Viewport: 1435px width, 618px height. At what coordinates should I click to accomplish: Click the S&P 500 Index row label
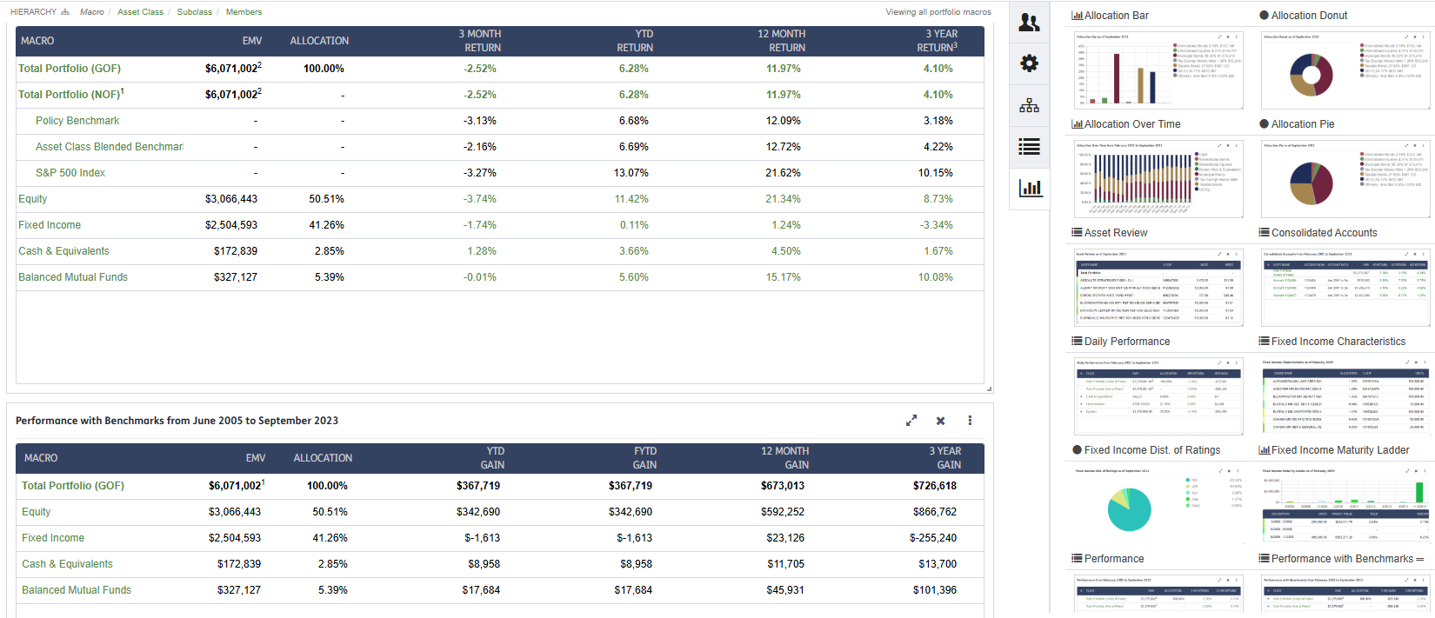click(70, 173)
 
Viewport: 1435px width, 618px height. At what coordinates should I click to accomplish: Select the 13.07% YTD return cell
click(633, 173)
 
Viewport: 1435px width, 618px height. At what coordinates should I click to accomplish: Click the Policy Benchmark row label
click(77, 121)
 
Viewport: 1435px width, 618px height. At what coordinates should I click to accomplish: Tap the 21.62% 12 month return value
click(783, 173)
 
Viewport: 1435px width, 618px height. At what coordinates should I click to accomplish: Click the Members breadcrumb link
click(244, 12)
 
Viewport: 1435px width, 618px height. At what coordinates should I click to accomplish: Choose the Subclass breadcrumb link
click(194, 12)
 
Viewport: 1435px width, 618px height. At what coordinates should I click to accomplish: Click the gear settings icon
click(1029, 63)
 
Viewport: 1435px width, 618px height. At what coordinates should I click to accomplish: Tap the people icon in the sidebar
click(1029, 23)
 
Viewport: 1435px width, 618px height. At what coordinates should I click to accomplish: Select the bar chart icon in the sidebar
click(1030, 188)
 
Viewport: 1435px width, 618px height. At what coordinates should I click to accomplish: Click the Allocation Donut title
click(1309, 16)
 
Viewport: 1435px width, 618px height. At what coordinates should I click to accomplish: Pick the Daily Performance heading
click(1126, 342)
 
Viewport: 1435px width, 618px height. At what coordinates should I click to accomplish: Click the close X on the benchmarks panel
click(940, 421)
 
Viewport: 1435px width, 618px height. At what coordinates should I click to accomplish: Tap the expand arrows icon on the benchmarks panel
click(911, 421)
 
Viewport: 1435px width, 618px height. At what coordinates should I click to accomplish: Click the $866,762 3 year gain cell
click(934, 512)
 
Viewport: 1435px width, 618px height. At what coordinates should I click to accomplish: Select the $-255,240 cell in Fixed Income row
click(932, 538)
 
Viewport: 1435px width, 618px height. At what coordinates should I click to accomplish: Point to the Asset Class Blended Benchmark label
click(109, 147)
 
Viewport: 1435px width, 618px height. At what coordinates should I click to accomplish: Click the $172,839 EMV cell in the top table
click(235, 251)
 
